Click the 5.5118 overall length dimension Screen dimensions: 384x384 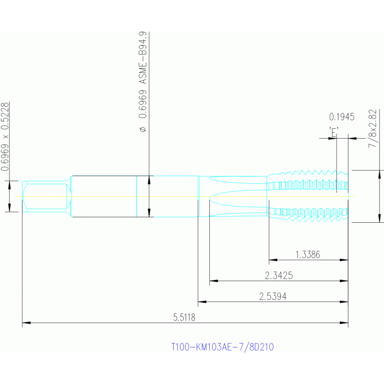tap(184, 317)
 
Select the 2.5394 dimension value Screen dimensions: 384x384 tap(272, 296)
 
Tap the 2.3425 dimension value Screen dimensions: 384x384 tap(278, 275)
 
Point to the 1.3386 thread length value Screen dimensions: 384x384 tap(307, 254)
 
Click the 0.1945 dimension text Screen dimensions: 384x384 tap(341, 117)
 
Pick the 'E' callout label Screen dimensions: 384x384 tap(334, 131)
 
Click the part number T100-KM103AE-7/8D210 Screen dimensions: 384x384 tap(222, 346)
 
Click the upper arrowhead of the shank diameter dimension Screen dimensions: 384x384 tap(150, 179)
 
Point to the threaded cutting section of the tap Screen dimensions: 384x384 tap(308, 196)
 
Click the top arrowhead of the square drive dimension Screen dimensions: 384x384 tap(10, 183)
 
